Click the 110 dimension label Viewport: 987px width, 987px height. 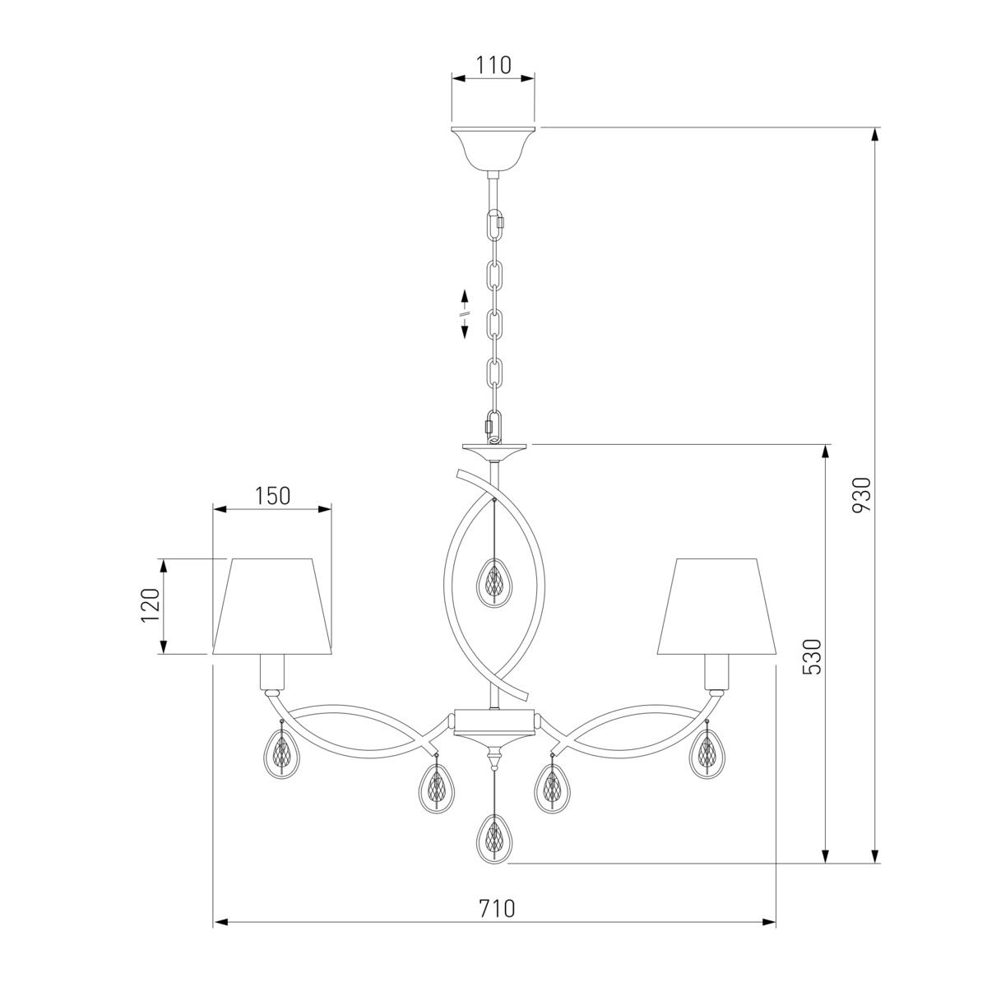point(493,65)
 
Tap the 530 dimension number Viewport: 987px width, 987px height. point(812,656)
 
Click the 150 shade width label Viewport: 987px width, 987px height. point(272,495)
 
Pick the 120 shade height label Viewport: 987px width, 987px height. point(150,605)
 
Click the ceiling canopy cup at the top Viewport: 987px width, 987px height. point(493,149)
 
